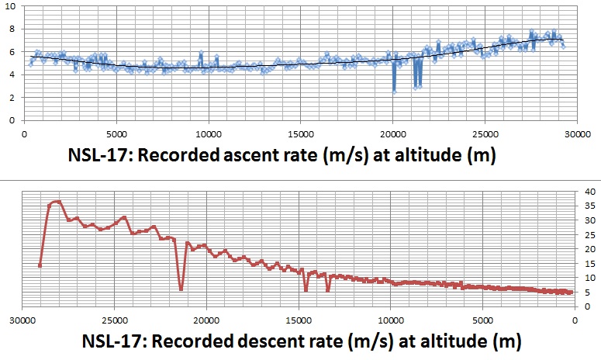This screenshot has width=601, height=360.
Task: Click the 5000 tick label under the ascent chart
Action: [x=116, y=133]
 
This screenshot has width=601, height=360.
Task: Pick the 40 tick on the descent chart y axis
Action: [x=589, y=192]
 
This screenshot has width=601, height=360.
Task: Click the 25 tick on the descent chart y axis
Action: [x=589, y=235]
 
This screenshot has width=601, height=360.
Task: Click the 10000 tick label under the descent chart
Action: [x=390, y=318]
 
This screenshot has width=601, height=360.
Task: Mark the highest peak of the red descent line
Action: [x=57, y=202]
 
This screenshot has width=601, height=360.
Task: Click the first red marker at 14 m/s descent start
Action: [x=40, y=265]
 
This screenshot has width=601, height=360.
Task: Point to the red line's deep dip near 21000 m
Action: [x=181, y=289]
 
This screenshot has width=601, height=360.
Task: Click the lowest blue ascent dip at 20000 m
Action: [x=394, y=92]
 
